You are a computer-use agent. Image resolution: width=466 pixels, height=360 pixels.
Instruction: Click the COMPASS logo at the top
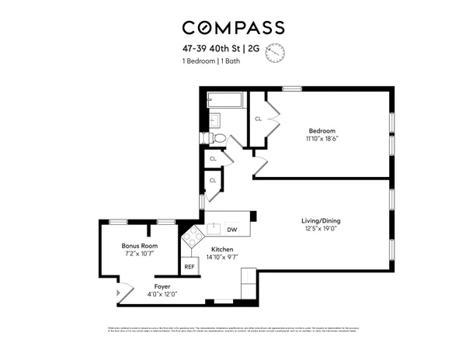(x=233, y=28)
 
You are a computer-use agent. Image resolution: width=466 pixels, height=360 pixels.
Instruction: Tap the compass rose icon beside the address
(x=276, y=53)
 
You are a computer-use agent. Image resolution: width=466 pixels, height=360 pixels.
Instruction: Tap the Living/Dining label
(x=321, y=221)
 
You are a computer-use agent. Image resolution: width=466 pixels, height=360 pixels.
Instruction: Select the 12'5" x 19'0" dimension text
(x=321, y=230)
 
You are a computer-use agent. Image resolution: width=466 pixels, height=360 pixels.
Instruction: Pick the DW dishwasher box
(x=231, y=230)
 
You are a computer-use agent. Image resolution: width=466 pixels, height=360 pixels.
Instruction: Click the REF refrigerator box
(x=189, y=266)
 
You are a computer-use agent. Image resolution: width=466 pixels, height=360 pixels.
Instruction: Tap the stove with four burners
(x=190, y=237)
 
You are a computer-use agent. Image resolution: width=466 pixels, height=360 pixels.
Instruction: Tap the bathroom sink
(x=214, y=120)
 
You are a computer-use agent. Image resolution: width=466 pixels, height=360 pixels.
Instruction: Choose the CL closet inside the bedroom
(x=258, y=119)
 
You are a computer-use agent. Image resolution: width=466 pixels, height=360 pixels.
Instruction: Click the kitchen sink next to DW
(x=212, y=230)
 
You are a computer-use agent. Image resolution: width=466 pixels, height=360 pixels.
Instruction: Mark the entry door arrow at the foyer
(x=117, y=294)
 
